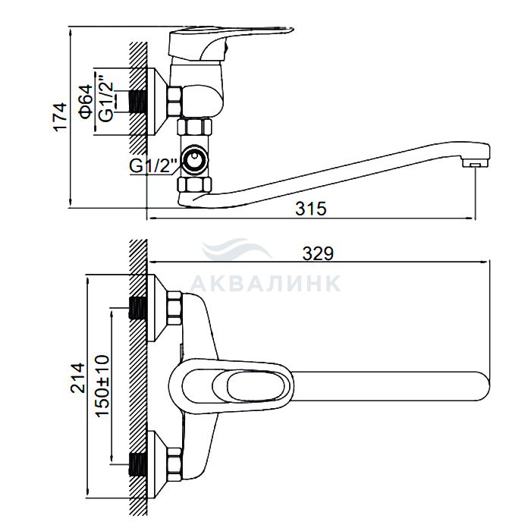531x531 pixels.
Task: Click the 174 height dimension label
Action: tap(61, 117)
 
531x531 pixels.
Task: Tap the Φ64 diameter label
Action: tap(86, 102)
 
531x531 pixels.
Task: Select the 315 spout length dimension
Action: tap(311, 209)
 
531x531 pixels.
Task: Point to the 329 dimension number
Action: tap(318, 253)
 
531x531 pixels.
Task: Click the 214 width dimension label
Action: tap(77, 378)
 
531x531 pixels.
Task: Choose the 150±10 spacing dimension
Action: tap(102, 385)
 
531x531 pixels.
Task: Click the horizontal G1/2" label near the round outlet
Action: tap(153, 166)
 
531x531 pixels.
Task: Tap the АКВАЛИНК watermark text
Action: tap(265, 283)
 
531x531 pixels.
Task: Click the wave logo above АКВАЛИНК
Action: tap(236, 249)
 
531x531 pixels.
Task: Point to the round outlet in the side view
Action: tap(195, 159)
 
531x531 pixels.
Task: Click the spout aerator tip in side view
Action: tap(475, 164)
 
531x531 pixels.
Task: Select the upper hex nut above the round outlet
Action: tap(195, 127)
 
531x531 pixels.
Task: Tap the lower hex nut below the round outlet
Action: tap(195, 184)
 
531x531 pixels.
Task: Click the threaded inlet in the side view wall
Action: tap(137, 101)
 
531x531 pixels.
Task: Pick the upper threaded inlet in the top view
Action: tap(137, 308)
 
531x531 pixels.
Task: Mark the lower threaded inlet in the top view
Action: tap(137, 464)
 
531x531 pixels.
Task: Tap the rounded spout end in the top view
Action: tap(482, 385)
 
